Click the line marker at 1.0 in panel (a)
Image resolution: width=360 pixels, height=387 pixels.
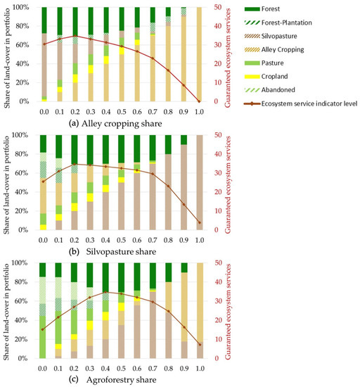198,101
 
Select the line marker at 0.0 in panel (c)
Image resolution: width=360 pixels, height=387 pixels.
43,329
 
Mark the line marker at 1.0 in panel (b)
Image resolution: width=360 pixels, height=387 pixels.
198,222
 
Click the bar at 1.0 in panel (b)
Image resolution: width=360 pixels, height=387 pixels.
198,182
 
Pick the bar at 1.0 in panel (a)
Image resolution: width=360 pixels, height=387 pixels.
198,54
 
